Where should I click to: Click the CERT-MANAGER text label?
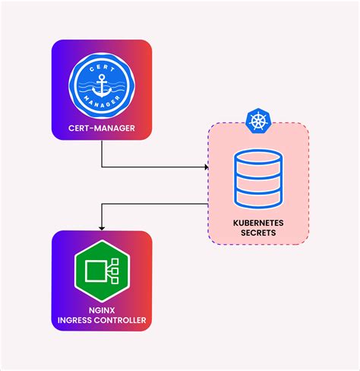pyautogui.click(x=101, y=128)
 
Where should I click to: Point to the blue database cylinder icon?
pyautogui.click(x=258, y=179)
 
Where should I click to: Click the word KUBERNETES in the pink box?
pyautogui.click(x=258, y=224)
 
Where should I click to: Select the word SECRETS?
pyautogui.click(x=258, y=233)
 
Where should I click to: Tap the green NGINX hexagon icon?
pyautogui.click(x=102, y=271)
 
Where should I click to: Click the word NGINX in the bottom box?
pyautogui.click(x=102, y=310)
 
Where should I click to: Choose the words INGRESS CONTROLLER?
pyautogui.click(x=102, y=320)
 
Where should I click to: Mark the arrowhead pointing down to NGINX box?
pyautogui.click(x=102, y=226)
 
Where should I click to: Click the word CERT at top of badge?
pyautogui.click(x=102, y=68)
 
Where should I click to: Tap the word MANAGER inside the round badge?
pyautogui.click(x=102, y=106)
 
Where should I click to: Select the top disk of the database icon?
pyautogui.click(x=258, y=160)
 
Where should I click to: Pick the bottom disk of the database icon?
pyautogui.click(x=258, y=198)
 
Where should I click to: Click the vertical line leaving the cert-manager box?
pyautogui.click(x=102, y=154)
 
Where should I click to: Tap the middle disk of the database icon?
pyautogui.click(x=258, y=180)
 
